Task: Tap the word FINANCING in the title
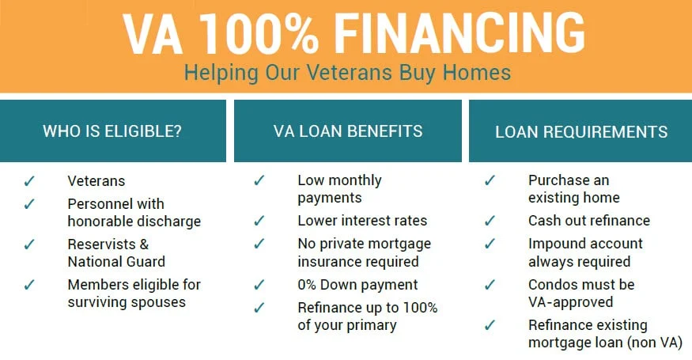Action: coord(459,32)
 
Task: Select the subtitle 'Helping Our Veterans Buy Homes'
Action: coord(347,73)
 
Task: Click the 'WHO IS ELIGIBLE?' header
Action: coord(112,131)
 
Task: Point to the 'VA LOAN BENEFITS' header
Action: coord(348,131)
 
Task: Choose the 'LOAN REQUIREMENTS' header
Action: coord(580,132)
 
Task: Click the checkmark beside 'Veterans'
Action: coord(30,181)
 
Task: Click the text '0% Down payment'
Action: coord(357,285)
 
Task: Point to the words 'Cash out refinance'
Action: coord(588,221)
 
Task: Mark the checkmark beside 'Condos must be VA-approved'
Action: coord(490,285)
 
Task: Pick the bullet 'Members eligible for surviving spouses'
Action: coord(134,293)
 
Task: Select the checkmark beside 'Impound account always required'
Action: coord(490,244)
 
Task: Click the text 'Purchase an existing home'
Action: coord(573,189)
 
